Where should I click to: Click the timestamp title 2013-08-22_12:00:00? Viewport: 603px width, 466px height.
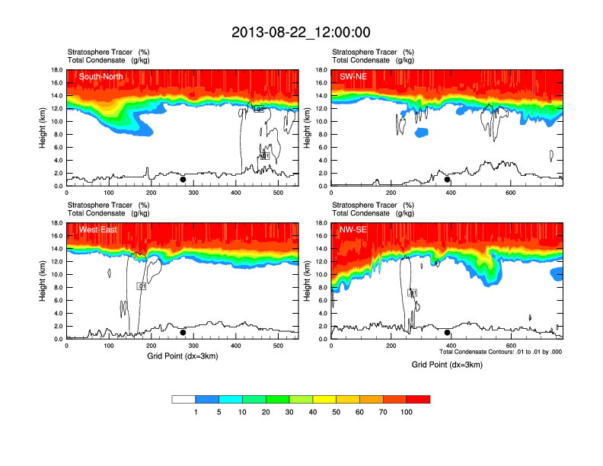coord(301,32)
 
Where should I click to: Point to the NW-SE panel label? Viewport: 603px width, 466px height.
coord(354,229)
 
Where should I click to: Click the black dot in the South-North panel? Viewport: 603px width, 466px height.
coord(183,180)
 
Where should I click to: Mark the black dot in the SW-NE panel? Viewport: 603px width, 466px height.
coord(448,180)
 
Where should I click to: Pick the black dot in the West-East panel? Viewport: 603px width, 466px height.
coord(183,333)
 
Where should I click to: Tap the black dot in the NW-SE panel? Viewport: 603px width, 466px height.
coord(448,333)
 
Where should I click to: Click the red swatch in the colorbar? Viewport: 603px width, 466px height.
coord(418,398)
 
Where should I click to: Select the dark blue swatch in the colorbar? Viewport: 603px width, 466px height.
coord(207,398)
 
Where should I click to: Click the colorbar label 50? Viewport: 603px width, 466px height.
coord(337,411)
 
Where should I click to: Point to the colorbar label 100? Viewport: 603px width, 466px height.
coord(407,411)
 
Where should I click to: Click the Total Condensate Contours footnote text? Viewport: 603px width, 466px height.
coord(501,352)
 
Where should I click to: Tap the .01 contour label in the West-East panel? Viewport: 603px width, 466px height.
coord(141,286)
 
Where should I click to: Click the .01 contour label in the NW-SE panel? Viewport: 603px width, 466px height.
coord(413,292)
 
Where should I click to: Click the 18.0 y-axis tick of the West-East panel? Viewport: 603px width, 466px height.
coord(56,223)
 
